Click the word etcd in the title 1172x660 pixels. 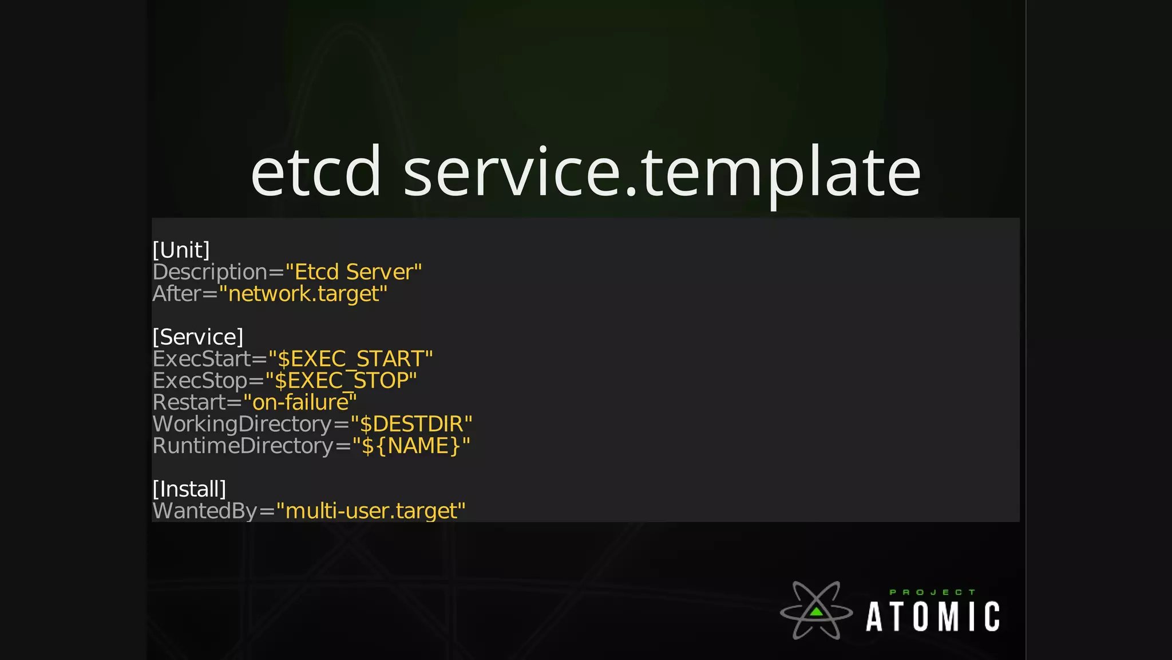click(316, 172)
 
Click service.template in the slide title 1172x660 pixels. click(662, 172)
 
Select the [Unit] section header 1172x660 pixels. click(181, 250)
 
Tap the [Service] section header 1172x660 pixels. click(198, 337)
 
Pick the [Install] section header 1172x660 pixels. click(189, 489)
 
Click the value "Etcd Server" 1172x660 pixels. click(353, 272)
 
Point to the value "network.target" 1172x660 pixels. click(303, 294)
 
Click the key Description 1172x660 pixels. click(209, 272)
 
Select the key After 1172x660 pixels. click(176, 294)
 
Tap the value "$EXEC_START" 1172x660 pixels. click(350, 359)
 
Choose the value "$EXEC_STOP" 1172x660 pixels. click(341, 381)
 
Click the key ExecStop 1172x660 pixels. click(200, 381)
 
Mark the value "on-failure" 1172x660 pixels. click(300, 403)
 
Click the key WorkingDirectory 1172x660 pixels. click(242, 425)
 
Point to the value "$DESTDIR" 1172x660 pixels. click(411, 425)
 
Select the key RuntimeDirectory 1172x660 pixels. click(243, 446)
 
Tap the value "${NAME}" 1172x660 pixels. click(411, 446)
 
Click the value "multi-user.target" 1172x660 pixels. click(370, 511)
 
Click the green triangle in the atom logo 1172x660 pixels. click(817, 612)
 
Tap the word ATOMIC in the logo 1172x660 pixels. click(933, 617)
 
